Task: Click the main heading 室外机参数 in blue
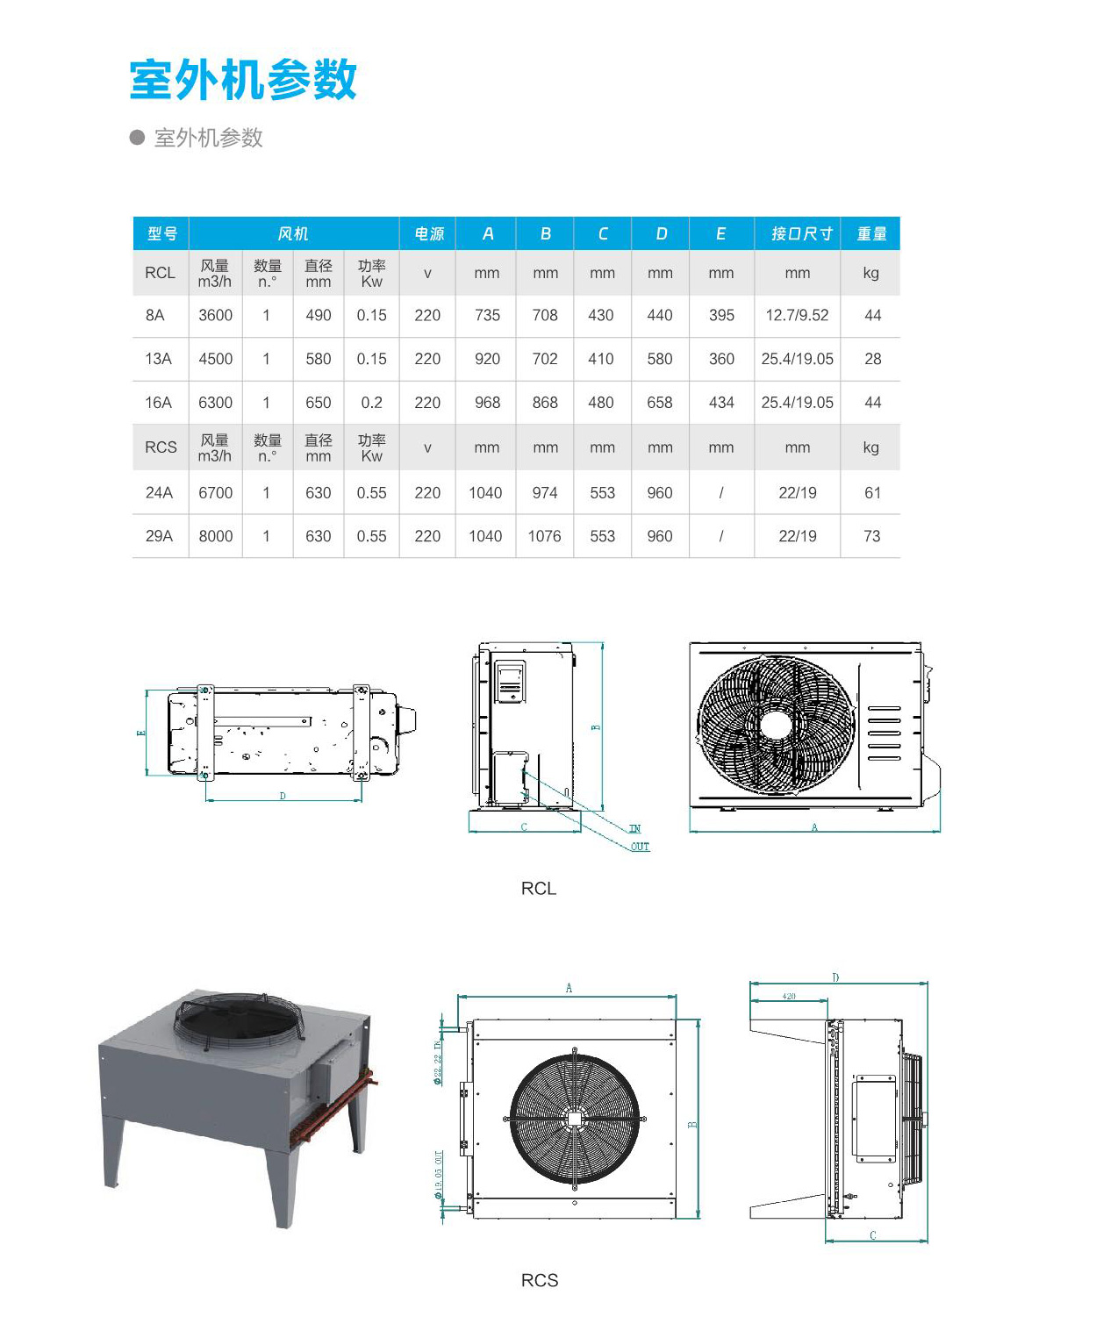(243, 81)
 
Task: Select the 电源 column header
(428, 233)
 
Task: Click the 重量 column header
(871, 233)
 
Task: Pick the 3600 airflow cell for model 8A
(215, 315)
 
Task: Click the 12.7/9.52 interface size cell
(797, 315)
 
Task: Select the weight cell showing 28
(872, 359)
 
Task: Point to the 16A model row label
(159, 403)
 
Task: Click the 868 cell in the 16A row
(545, 403)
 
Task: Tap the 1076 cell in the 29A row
(544, 536)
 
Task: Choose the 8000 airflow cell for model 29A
(215, 536)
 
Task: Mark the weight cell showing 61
(872, 493)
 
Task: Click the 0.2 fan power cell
(371, 403)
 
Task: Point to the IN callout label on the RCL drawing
(634, 828)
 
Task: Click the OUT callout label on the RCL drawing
(640, 847)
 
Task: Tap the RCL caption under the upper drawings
(539, 889)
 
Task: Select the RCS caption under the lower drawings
(540, 1281)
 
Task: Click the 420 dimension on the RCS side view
(789, 997)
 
